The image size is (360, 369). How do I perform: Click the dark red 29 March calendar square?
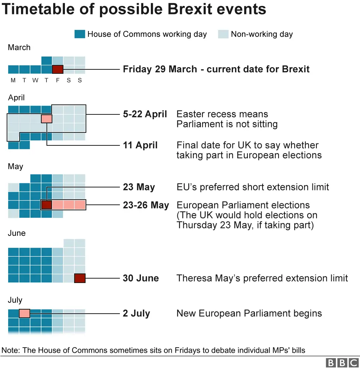[58, 69]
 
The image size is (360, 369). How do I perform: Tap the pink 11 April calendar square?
[47, 119]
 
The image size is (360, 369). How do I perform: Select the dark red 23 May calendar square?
[46, 205]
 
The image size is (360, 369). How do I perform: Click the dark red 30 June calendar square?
[80, 278]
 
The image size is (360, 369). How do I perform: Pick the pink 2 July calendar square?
[25, 314]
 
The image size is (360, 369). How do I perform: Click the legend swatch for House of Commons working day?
[80, 34]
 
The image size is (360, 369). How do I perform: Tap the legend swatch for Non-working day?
[223, 34]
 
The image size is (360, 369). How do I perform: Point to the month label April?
[16, 98]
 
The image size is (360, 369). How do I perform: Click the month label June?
[17, 233]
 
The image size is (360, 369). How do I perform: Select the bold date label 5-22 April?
[145, 114]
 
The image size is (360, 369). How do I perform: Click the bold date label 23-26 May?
[146, 205]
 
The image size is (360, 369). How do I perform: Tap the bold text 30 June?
[141, 278]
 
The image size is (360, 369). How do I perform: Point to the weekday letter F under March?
[58, 80]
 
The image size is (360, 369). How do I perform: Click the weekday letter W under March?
[35, 80]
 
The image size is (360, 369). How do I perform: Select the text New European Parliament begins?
[249, 314]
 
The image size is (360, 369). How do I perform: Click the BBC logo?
[343, 363]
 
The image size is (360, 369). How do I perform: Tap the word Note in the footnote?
[10, 350]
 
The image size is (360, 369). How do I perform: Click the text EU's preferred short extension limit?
[253, 187]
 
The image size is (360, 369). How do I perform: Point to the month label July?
[15, 300]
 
